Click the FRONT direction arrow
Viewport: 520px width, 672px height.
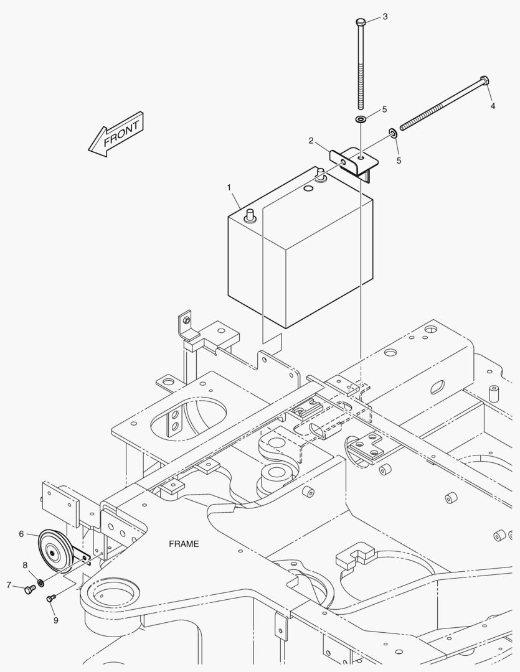[x=116, y=134]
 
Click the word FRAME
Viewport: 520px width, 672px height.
[x=184, y=544]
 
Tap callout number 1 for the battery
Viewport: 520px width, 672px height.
[x=229, y=187]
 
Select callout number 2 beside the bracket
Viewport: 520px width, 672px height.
[x=311, y=141]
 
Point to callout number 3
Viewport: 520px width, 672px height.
[x=385, y=16]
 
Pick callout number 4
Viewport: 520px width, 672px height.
[x=493, y=105]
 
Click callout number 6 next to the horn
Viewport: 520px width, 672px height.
[x=21, y=534]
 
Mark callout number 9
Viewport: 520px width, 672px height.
[x=55, y=620]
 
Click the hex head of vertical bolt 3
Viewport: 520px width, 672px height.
[x=361, y=22]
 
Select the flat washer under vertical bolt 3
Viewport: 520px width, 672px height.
[x=361, y=118]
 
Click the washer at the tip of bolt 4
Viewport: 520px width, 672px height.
[x=393, y=133]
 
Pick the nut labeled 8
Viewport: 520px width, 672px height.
[x=40, y=582]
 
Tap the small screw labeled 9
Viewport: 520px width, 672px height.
[x=51, y=597]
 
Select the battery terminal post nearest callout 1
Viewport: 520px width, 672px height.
[x=250, y=215]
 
